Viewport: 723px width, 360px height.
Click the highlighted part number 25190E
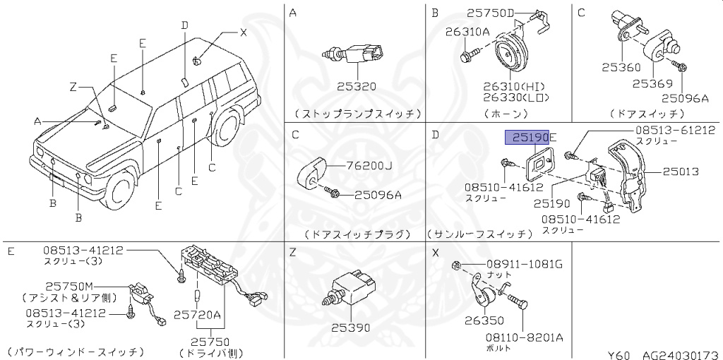pyautogui.click(x=530, y=137)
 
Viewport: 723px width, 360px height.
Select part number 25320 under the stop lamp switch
pyautogui.click(x=356, y=87)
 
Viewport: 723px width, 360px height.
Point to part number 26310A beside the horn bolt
pyautogui.click(x=467, y=31)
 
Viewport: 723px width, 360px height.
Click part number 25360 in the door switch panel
pyautogui.click(x=621, y=68)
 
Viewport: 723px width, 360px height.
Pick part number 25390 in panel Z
pyautogui.click(x=352, y=328)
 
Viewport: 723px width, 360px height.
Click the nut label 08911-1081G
pyautogui.click(x=523, y=265)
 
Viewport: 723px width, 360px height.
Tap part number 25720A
pyautogui.click(x=198, y=314)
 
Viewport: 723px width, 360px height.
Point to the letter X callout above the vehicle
pyautogui.click(x=244, y=32)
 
